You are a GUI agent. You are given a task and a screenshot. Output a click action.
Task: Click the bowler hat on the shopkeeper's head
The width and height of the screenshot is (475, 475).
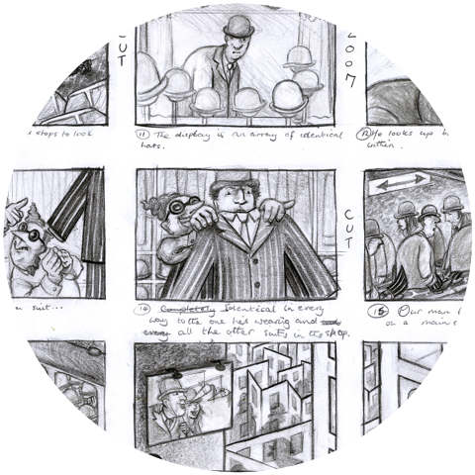pos(237,26)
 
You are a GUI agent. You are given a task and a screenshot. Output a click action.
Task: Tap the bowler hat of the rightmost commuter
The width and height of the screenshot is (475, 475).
pos(453,203)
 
